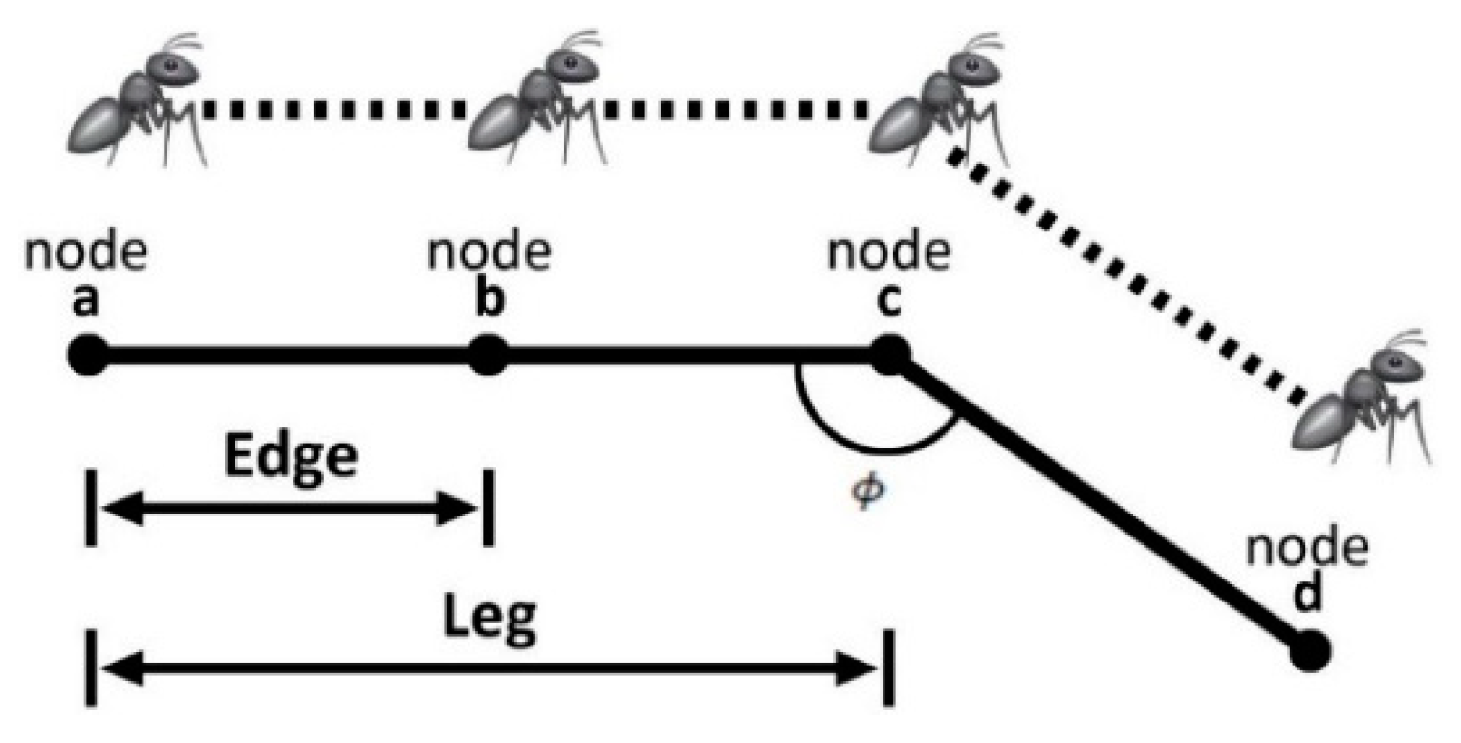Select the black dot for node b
click(488, 355)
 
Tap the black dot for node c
click(889, 355)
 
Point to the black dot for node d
click(1309, 651)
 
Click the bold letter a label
click(86, 301)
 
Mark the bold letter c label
click(888, 302)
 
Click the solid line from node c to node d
click(1100, 504)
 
